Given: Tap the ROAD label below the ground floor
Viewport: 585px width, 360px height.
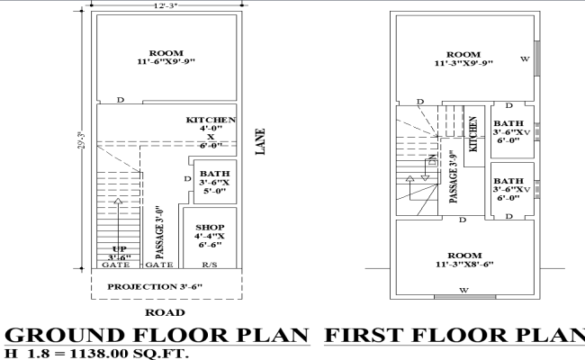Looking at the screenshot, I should tap(164, 312).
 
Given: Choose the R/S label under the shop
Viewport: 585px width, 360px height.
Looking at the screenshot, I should tap(209, 266).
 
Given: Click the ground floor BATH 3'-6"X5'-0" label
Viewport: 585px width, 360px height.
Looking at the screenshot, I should tap(214, 183).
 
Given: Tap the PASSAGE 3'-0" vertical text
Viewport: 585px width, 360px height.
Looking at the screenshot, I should tap(159, 229).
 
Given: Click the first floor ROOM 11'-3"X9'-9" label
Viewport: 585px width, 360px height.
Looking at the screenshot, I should tap(463, 58).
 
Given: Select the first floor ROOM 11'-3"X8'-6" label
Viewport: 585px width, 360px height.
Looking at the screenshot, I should tap(463, 260).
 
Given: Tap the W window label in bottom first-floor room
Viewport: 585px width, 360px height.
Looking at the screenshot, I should tap(463, 290).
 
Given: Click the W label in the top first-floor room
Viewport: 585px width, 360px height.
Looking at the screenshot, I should tap(525, 60).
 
